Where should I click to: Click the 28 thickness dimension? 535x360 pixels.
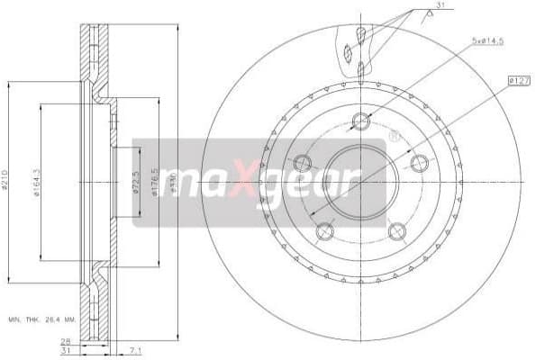(x=67, y=340)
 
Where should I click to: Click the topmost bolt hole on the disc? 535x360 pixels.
(x=361, y=121)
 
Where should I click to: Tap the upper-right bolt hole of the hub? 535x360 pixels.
(x=419, y=163)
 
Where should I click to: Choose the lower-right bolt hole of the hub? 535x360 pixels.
(x=397, y=231)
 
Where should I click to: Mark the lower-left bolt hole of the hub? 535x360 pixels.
(x=325, y=231)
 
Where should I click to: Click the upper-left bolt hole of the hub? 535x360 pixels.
(x=303, y=163)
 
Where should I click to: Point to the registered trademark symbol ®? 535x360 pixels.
(x=394, y=137)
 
